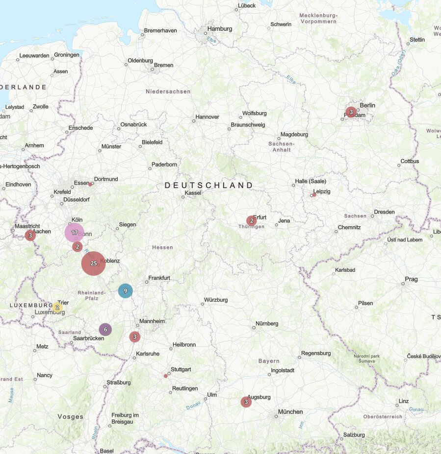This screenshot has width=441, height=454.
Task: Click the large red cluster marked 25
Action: [93, 263]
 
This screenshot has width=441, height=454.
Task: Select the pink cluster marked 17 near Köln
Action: [75, 233]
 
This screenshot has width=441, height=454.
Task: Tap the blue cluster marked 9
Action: [126, 291]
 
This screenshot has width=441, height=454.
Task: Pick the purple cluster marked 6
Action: [105, 330]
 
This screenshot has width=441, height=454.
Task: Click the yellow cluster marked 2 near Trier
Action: [57, 308]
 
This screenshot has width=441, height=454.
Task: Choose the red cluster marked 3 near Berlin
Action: [351, 112]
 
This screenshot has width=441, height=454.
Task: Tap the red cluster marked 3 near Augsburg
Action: [246, 402]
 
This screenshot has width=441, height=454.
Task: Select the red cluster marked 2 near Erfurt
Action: [251, 221]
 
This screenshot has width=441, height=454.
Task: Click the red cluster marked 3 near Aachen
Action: [30, 236]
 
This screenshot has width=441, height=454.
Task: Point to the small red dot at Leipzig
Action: [314, 195]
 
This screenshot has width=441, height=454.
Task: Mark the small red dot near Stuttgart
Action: [166, 376]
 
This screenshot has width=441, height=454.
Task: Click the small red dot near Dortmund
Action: [90, 184]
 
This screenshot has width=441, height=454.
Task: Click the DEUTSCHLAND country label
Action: [209, 186]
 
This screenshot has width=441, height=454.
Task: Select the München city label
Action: [290, 412]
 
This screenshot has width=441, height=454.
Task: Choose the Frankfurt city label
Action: [159, 278]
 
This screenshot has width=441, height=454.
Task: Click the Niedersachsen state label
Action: [168, 91]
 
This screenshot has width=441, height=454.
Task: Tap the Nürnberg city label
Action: [267, 323]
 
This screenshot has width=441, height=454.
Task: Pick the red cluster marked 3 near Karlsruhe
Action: [135, 337]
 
